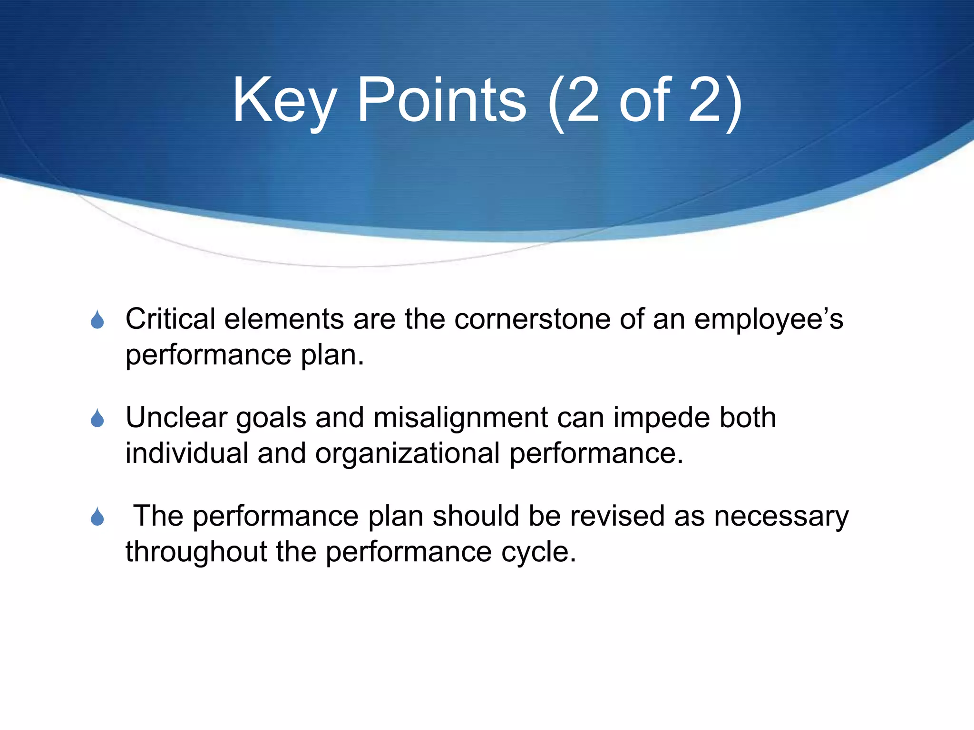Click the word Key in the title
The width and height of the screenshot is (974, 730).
click(284, 101)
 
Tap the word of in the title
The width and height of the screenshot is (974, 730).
click(645, 101)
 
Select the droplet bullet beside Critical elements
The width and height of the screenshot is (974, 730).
click(97, 320)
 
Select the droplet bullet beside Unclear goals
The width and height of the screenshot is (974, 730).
click(97, 418)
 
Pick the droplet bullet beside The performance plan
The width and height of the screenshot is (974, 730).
click(97, 517)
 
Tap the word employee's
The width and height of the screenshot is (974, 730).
click(768, 319)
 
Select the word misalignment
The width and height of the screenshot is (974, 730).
click(460, 417)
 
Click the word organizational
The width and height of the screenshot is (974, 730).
click(407, 453)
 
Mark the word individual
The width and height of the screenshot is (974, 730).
click(186, 453)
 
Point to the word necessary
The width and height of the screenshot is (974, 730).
click(780, 517)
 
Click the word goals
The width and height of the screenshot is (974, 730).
click(271, 418)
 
